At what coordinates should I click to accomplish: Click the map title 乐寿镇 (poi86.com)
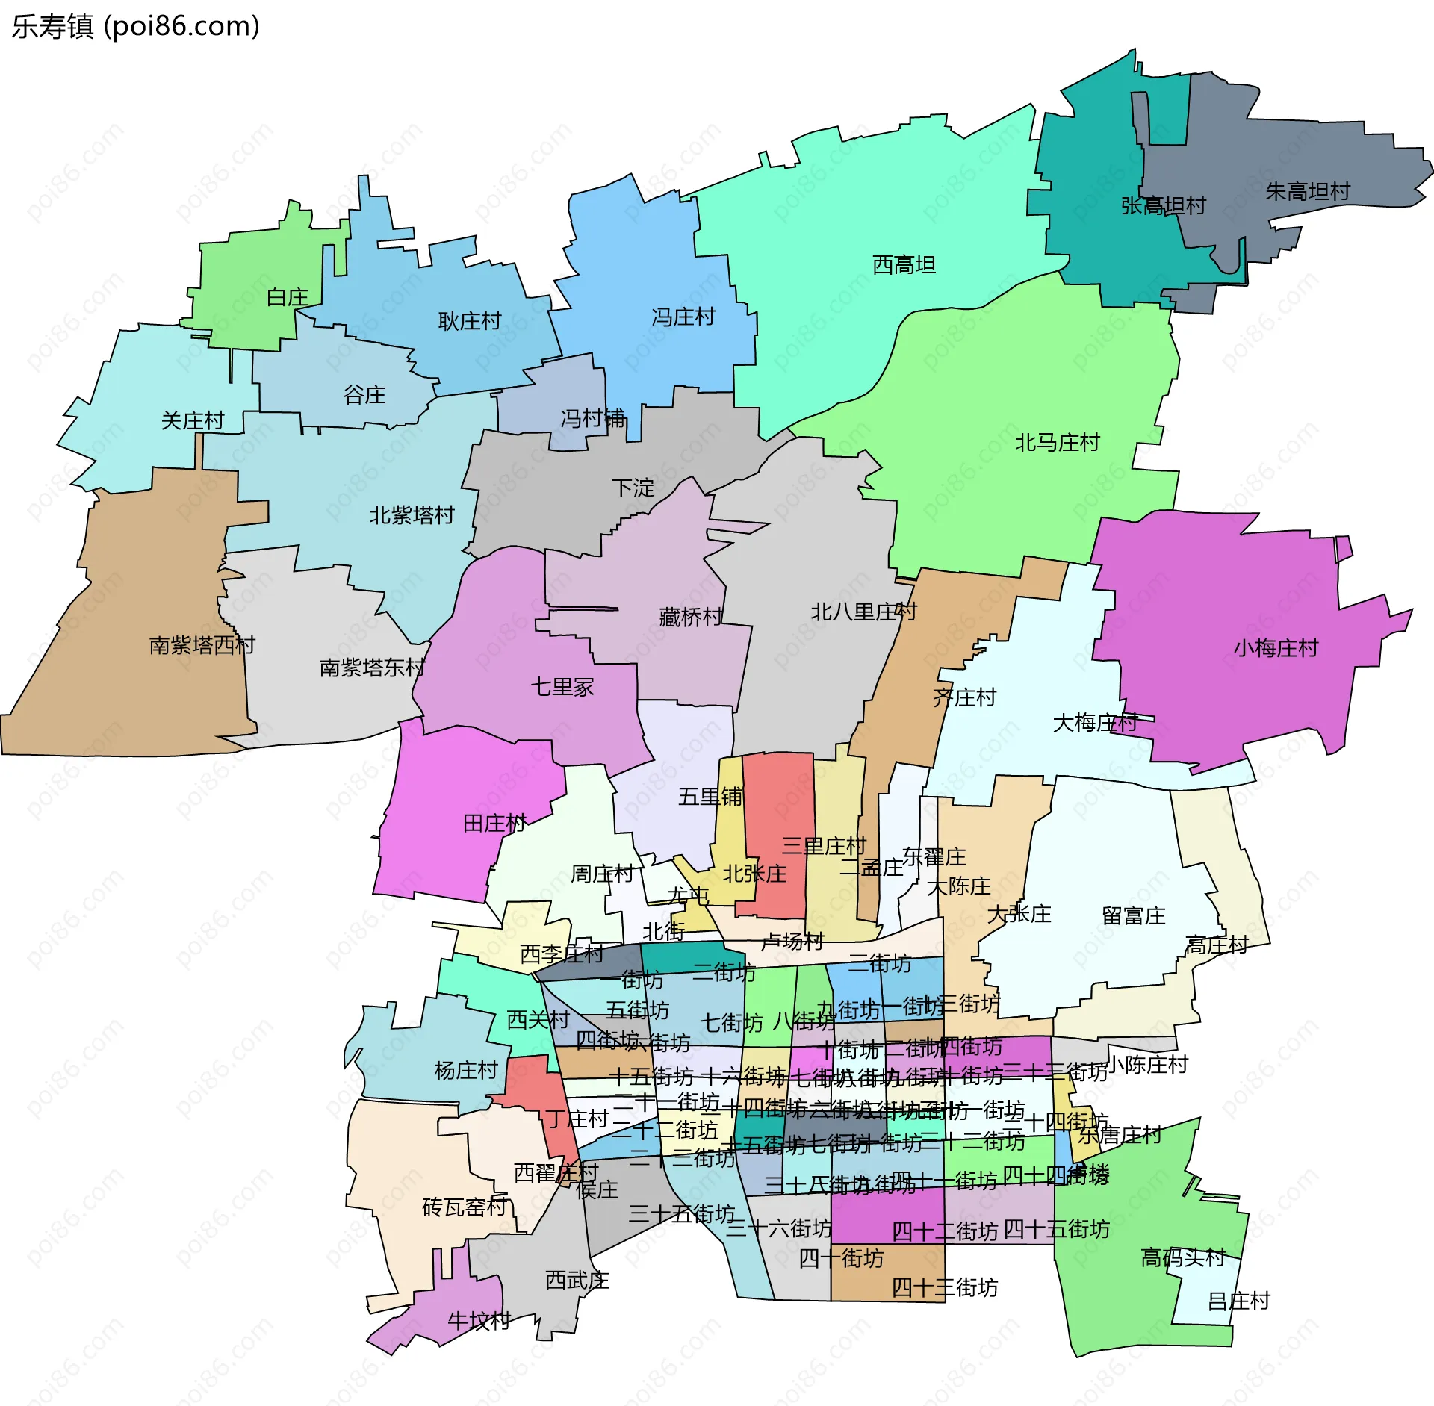135,26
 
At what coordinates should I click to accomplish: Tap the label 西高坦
904,265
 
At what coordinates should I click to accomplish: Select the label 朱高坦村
1307,192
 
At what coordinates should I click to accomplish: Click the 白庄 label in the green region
288,297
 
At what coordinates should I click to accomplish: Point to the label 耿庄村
469,321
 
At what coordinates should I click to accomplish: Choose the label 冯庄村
683,317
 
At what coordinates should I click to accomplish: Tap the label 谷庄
364,395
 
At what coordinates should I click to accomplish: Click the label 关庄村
193,420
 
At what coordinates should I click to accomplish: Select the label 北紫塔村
412,515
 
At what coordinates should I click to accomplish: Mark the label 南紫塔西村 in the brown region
202,645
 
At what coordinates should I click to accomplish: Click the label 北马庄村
1057,443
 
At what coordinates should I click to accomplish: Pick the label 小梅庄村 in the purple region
1276,648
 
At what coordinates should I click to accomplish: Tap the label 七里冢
562,687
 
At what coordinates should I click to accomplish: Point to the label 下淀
633,488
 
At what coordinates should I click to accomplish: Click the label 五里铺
710,797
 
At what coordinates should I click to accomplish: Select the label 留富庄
1133,916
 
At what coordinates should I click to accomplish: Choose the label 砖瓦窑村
465,1207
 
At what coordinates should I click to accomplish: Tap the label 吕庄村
1238,1301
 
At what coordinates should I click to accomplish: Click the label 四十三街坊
944,1287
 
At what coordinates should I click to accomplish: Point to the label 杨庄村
466,1071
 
